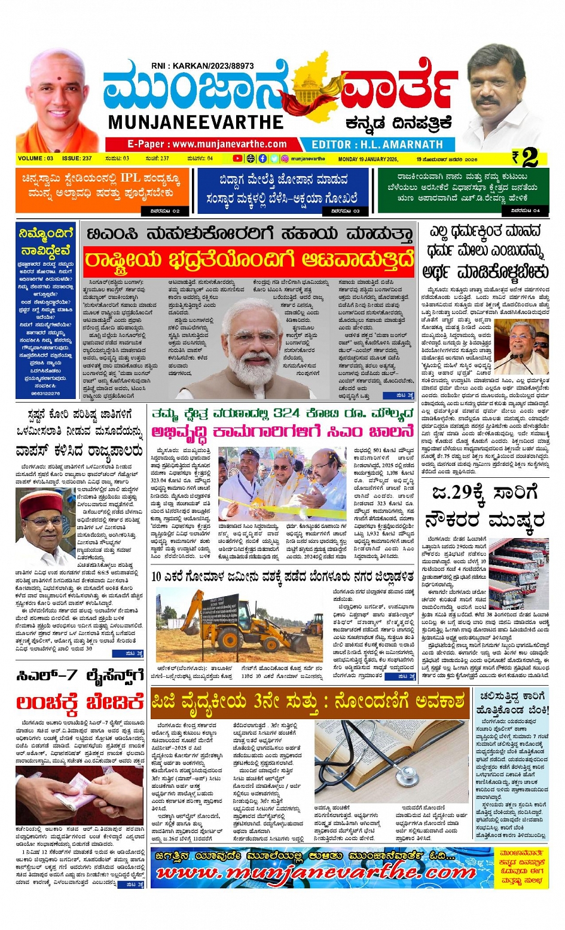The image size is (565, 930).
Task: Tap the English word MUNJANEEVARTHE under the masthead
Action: point(196,122)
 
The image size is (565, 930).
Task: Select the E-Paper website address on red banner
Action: point(206,144)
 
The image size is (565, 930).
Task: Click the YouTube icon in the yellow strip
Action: point(237,159)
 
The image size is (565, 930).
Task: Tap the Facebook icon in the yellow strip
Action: point(263,159)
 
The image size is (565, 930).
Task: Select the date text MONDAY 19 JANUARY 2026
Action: point(368,159)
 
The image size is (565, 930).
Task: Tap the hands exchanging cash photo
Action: point(79,795)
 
